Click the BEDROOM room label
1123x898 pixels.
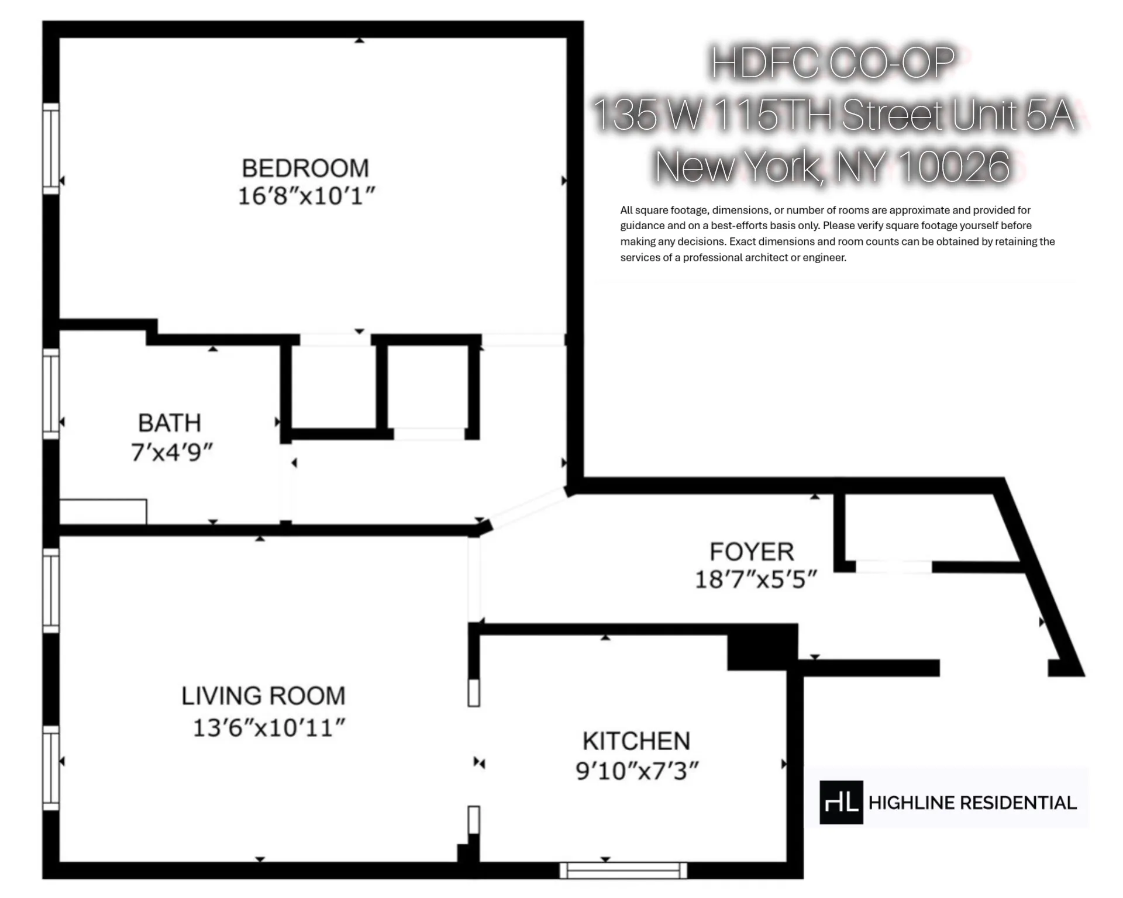(305, 168)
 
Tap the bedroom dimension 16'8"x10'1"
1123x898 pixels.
(305, 196)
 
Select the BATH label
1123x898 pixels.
(170, 423)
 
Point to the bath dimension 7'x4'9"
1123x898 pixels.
(171, 452)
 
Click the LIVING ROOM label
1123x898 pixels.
(263, 696)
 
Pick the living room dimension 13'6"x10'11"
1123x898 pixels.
(268, 728)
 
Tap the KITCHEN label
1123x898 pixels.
(636, 741)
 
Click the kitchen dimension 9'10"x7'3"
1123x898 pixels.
(637, 771)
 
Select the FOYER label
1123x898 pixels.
(752, 552)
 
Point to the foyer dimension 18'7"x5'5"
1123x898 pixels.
(755, 580)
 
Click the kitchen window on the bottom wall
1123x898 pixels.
(623, 870)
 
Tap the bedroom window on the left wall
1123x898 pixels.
(51, 148)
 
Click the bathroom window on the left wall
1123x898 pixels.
(51, 393)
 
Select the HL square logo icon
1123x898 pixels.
(841, 802)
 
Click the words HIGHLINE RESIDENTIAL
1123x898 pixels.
(972, 803)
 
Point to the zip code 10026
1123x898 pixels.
(953, 167)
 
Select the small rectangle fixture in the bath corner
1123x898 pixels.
(104, 512)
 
